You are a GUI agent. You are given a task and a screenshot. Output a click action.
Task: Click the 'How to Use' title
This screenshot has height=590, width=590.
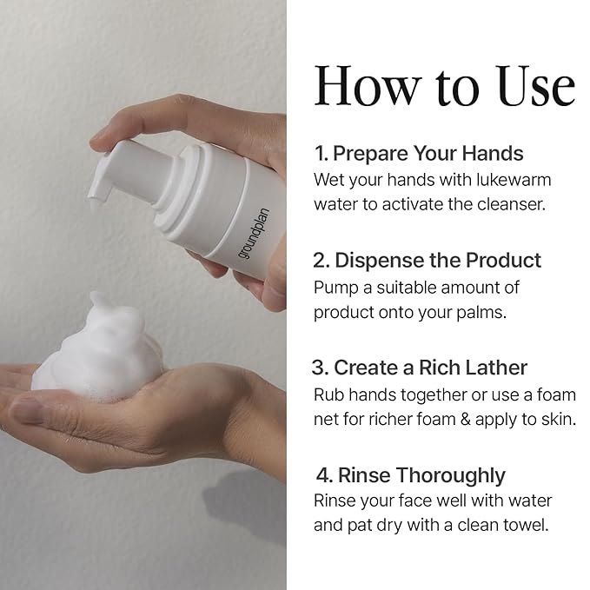(x=445, y=86)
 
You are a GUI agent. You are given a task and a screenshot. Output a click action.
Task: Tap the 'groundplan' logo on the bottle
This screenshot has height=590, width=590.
(x=253, y=234)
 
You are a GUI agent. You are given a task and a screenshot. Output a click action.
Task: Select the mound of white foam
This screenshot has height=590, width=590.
(x=98, y=347)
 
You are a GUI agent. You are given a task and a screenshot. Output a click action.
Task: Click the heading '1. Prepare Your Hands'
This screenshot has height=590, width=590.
(x=419, y=154)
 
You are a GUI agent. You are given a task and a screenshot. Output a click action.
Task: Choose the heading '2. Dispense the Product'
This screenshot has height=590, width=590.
(x=427, y=261)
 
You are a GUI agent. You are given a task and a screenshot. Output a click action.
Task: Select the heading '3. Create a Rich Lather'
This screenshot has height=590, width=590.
(x=420, y=368)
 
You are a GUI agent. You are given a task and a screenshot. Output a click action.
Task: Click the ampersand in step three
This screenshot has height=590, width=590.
(x=466, y=420)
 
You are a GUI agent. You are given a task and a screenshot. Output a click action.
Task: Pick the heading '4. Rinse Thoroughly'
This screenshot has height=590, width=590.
(x=410, y=475)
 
